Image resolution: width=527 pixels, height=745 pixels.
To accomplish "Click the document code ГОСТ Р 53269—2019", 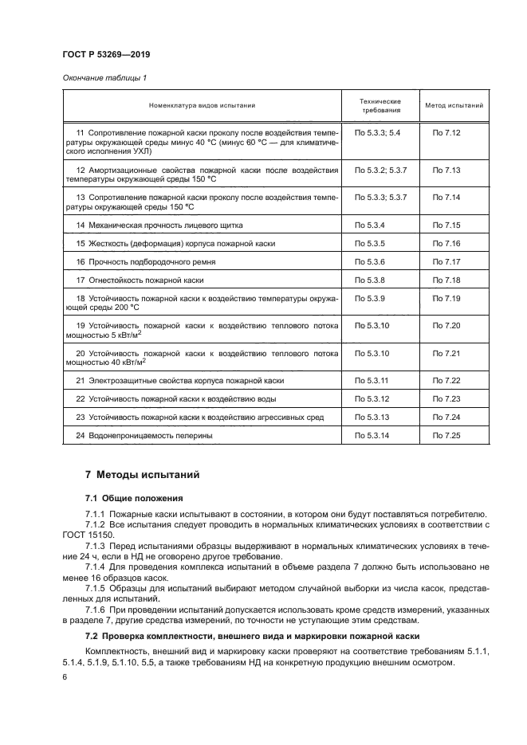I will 106,54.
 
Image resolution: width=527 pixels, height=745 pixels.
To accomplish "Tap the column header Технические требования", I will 380,105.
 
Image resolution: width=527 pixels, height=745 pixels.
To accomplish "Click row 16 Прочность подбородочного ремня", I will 151,261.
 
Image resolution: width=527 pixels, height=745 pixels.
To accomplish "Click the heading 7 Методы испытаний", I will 142,475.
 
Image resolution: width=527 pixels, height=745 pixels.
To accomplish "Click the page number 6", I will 65,676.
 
